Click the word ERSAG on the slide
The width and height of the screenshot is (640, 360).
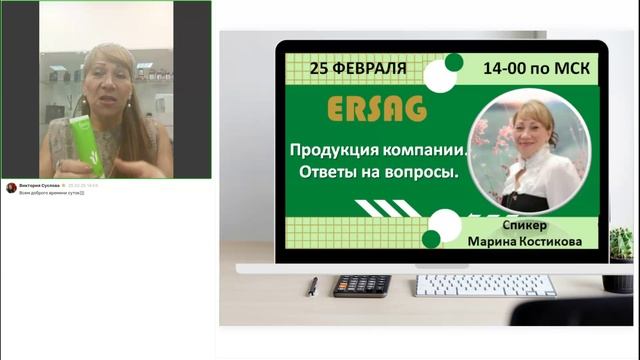coord(376,107)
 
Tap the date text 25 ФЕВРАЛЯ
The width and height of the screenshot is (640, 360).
coord(358,68)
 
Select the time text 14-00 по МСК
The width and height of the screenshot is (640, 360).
coord(535,69)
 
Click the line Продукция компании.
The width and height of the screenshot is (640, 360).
coord(379,151)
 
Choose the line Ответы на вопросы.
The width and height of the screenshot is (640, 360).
coord(373,173)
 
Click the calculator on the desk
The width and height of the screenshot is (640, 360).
coord(361,285)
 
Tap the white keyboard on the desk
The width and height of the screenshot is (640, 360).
coord(485,285)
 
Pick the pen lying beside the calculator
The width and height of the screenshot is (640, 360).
coord(313,286)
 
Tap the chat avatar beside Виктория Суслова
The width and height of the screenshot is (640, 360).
coord(11,187)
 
